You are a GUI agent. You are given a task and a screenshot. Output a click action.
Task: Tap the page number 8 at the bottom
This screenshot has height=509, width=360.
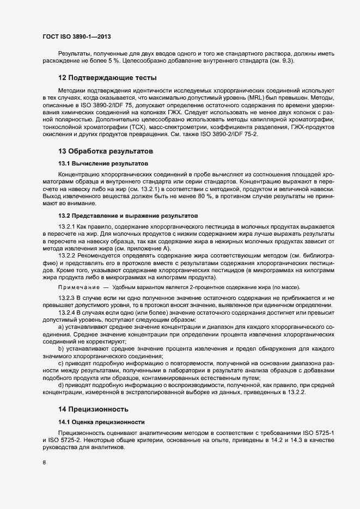coord(44,463)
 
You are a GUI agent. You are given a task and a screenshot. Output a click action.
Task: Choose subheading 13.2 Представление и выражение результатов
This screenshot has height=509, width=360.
coord(128,216)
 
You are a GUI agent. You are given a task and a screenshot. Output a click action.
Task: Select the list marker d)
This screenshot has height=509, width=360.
coord(62,385)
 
